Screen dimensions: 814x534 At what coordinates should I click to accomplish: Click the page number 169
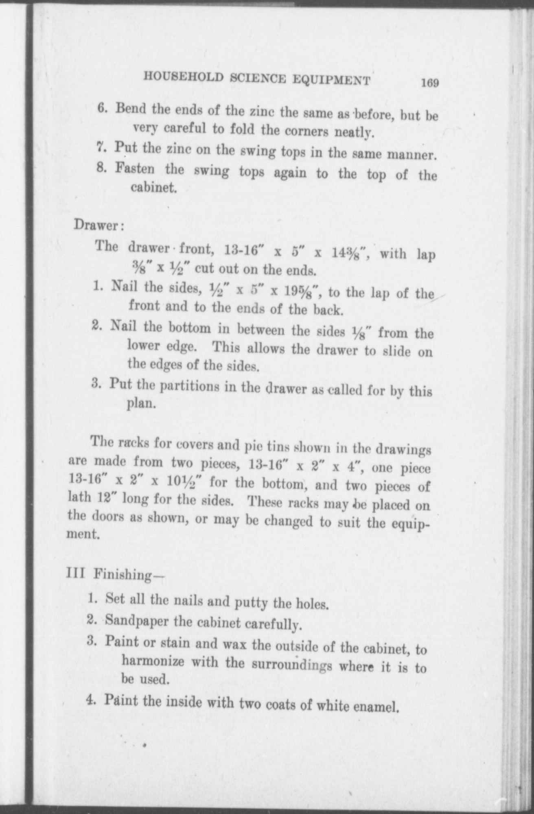pos(430,83)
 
